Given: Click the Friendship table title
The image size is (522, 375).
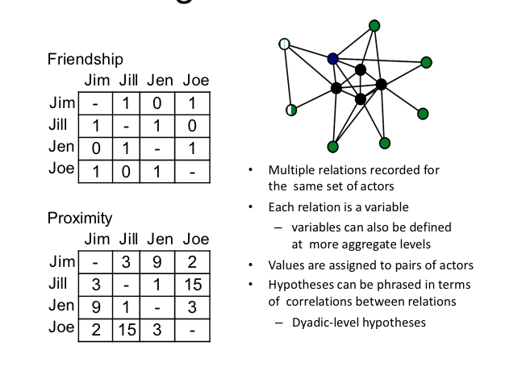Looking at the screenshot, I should [x=85, y=60].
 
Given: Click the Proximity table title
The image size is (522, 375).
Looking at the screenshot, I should [x=80, y=219].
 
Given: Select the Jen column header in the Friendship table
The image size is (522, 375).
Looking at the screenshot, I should [x=161, y=81].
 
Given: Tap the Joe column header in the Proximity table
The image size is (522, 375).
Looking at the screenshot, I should [x=195, y=240].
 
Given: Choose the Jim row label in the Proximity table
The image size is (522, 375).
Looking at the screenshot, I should [x=62, y=262].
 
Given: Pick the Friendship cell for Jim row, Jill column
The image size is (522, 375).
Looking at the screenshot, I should [x=126, y=103].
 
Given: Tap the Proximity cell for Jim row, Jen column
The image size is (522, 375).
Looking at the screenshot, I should [x=161, y=262].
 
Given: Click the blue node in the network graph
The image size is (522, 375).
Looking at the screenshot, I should [x=332, y=59].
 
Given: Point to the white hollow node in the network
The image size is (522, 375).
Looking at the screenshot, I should [x=284, y=44].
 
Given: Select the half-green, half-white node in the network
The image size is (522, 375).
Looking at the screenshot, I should [x=291, y=110].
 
